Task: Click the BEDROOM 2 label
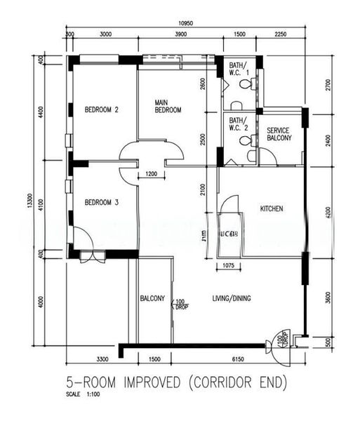(x=102, y=109)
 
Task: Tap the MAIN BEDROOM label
(x=168, y=106)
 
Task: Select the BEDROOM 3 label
(x=102, y=203)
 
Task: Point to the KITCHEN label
(x=272, y=209)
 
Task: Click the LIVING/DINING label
(x=232, y=298)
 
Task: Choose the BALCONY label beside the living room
(x=152, y=298)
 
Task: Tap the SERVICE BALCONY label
(x=279, y=134)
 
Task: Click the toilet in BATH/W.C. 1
(x=245, y=84)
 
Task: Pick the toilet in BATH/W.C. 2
(x=245, y=141)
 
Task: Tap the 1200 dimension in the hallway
(x=151, y=174)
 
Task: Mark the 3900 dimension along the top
(x=180, y=34)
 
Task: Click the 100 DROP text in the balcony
(x=180, y=304)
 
